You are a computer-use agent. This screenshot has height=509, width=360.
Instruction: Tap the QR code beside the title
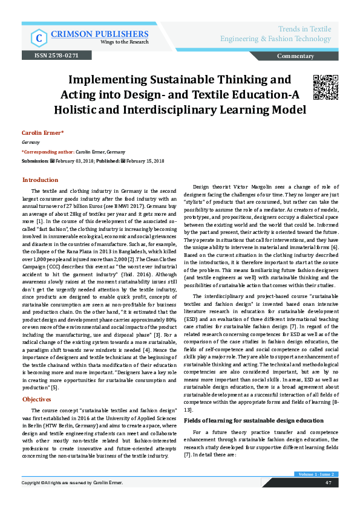[324, 88]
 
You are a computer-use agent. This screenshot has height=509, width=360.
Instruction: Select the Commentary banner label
[295, 56]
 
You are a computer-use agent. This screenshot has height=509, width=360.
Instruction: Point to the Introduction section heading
[41, 180]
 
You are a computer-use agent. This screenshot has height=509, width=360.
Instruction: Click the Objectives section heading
[37, 400]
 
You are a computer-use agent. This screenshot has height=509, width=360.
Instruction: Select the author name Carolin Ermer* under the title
[42, 132]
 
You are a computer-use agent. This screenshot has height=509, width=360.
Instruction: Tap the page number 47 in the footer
[327, 483]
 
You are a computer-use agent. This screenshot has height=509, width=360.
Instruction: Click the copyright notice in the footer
[72, 483]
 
